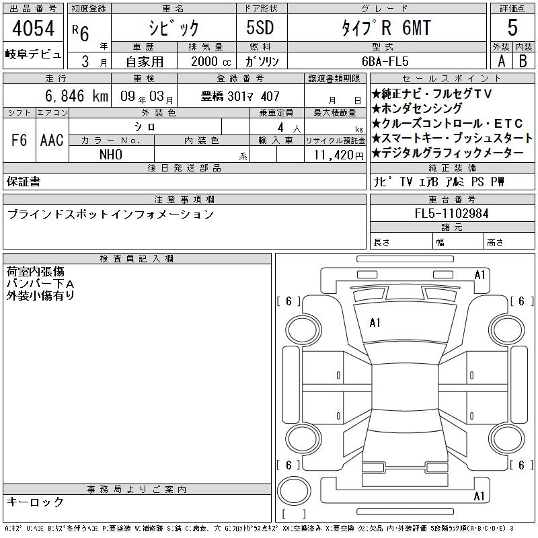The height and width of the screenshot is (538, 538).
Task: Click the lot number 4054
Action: (x=33, y=28)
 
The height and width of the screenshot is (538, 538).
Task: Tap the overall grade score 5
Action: (x=512, y=28)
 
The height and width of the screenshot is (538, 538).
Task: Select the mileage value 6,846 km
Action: (x=77, y=96)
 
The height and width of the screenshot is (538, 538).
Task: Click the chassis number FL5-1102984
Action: (x=451, y=213)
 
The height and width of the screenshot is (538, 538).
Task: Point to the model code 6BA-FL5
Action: (x=385, y=61)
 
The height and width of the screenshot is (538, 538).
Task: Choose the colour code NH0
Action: (x=111, y=155)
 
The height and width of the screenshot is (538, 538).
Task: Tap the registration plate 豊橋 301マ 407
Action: (x=240, y=96)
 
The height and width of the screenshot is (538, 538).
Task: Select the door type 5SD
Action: (x=260, y=28)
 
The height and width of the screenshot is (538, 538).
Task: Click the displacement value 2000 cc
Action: (x=211, y=61)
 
